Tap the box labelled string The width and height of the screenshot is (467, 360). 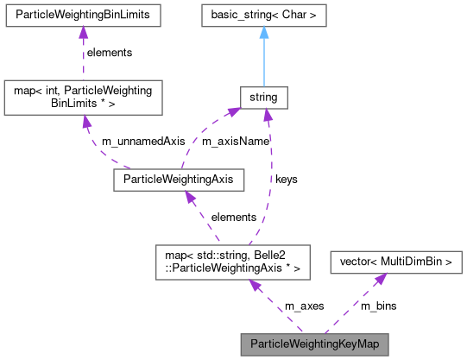263,98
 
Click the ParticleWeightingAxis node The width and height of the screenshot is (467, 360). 179,180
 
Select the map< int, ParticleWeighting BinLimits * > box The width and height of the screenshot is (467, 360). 81,98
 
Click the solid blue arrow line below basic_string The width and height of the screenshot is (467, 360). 263,60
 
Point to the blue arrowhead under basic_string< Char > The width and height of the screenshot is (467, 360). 263,33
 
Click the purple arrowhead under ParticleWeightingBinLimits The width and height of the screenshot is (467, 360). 81,33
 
